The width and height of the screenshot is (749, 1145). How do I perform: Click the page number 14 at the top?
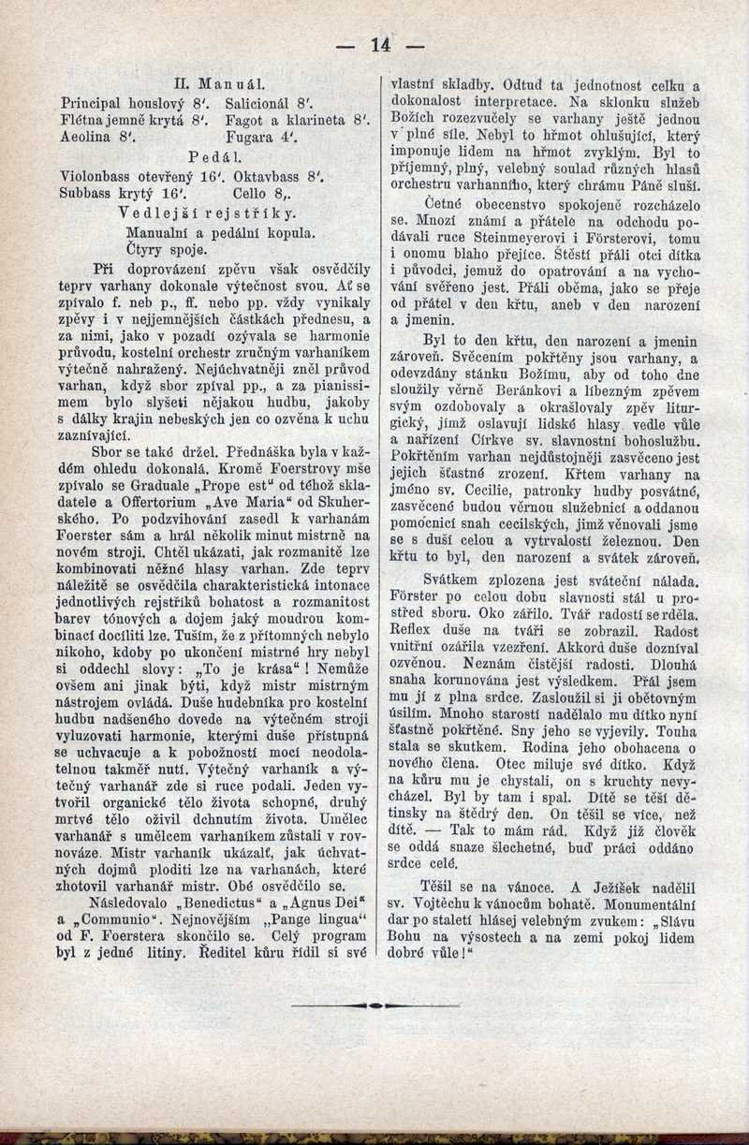[x=380, y=43]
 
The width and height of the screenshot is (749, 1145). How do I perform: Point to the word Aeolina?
[x=92, y=137]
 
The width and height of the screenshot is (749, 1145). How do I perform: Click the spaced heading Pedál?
[x=215, y=155]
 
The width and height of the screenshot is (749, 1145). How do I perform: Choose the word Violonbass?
[x=103, y=175]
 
